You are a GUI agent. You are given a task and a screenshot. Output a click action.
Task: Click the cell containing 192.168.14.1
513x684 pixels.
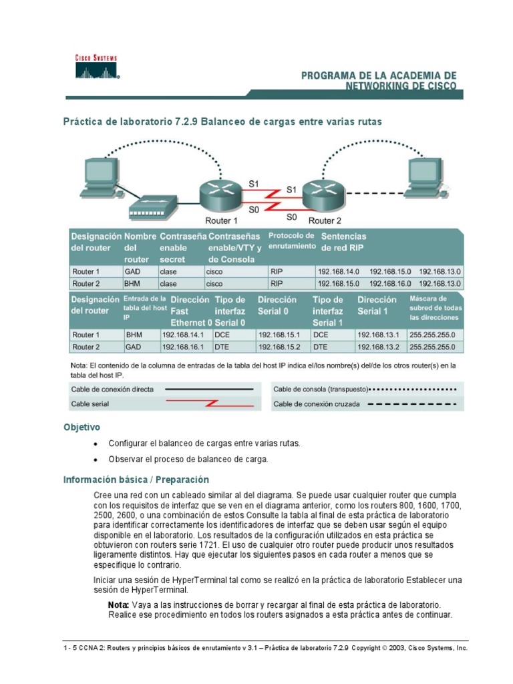(185, 335)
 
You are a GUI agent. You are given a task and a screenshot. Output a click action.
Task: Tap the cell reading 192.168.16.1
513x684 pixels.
(185, 347)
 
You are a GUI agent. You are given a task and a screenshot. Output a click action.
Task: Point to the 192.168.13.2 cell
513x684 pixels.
(380, 347)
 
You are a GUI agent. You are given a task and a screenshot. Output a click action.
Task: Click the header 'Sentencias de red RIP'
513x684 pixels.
(344, 242)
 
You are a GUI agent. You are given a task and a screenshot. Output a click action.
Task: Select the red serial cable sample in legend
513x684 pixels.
(209, 403)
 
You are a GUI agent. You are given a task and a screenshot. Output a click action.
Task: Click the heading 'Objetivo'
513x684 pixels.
(81, 427)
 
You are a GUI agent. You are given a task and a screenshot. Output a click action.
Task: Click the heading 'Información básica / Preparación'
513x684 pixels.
(136, 480)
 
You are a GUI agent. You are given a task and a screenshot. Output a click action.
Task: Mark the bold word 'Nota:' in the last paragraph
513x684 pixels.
(119, 605)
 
